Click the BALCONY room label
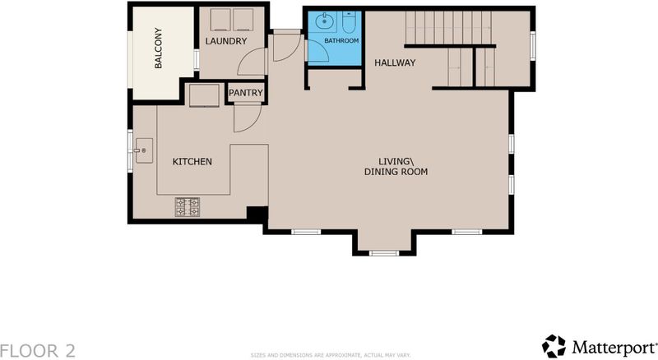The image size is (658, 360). pos(158,48)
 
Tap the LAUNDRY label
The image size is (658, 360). pos(225,41)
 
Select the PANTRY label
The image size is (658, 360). pos(246,93)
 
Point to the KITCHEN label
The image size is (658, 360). pos(192,162)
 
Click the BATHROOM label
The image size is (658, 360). pos(341,41)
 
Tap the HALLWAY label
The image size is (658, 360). pos(395,63)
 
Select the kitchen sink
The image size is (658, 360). pos(143,150)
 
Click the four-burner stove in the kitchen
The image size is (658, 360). pos(188,207)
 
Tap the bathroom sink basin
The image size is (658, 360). pos(323,21)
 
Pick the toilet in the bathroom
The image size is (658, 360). pos(349,23)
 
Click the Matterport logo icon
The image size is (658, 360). pos(554,346)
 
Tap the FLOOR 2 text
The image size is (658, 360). pos(38,351)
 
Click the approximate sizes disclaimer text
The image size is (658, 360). pos(331,355)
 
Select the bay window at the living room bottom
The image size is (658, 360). pos(384,253)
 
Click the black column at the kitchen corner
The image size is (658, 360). pos(257,214)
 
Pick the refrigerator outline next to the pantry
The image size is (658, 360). pos(204,95)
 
